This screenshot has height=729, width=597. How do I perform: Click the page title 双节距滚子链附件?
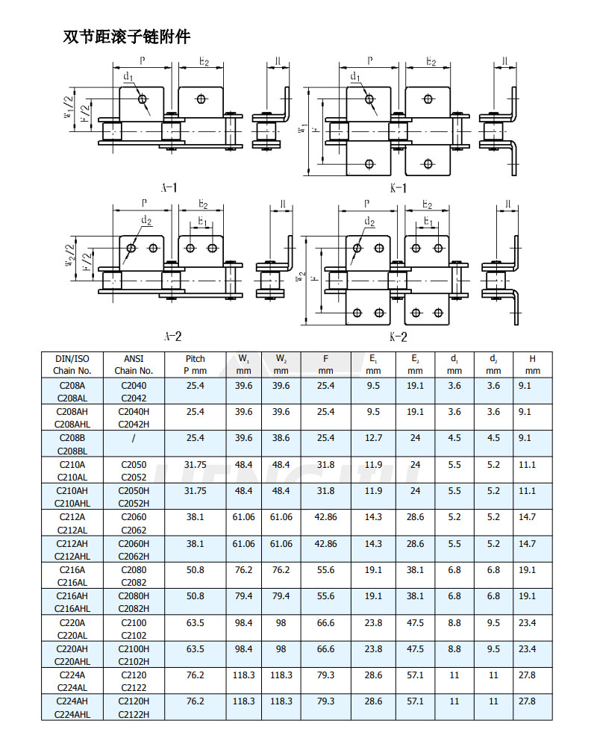tap(126, 37)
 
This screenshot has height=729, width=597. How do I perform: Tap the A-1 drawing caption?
tap(169, 188)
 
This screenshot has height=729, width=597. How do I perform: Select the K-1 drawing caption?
tap(398, 188)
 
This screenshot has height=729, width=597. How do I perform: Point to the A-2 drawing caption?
tap(172, 336)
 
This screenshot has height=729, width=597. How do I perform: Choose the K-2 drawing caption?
tap(398, 337)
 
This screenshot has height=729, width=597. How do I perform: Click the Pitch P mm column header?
tap(196, 364)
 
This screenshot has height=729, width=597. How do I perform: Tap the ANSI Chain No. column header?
tap(134, 364)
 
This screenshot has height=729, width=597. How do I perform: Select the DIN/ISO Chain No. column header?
tap(72, 364)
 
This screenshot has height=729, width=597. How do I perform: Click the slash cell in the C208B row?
tap(134, 438)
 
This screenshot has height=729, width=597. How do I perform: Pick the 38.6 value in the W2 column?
tap(281, 438)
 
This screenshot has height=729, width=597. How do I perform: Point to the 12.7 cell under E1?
tap(373, 438)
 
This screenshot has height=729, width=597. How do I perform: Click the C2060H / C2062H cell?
tap(134, 549)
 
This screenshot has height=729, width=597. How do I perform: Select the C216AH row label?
tap(72, 596)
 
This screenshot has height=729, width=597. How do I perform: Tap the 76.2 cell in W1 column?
tap(243, 570)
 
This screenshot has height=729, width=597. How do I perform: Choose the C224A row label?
tap(72, 675)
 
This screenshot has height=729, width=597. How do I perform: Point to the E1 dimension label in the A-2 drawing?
tap(202, 222)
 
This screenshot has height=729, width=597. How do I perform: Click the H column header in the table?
tap(532, 364)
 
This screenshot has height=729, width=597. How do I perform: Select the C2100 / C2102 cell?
tap(134, 629)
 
